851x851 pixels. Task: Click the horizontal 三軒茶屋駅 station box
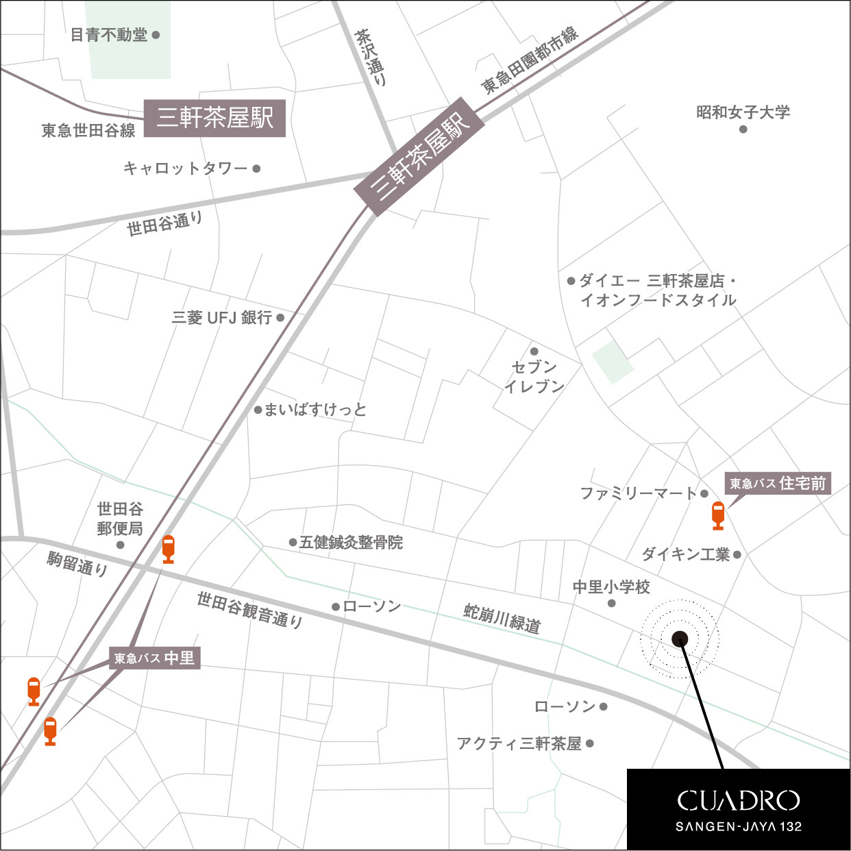click(214, 118)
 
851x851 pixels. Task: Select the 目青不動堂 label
click(110, 35)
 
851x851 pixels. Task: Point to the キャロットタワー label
click(185, 168)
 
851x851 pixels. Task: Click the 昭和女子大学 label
click(743, 112)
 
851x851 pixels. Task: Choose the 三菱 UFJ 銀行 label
click(222, 317)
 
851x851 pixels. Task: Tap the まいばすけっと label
click(315, 410)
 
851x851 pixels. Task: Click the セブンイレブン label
click(534, 376)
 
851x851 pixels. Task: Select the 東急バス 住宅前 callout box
click(777, 483)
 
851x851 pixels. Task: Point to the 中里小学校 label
click(611, 587)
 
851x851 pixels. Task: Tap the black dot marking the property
click(680, 639)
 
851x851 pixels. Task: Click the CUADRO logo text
click(738, 800)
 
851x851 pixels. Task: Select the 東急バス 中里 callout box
click(154, 658)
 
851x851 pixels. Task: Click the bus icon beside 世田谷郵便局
click(168, 549)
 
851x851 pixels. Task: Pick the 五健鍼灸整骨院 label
click(351, 543)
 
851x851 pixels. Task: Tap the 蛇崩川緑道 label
click(502, 618)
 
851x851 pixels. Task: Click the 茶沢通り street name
click(371, 57)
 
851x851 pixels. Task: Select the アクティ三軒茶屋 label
click(519, 743)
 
